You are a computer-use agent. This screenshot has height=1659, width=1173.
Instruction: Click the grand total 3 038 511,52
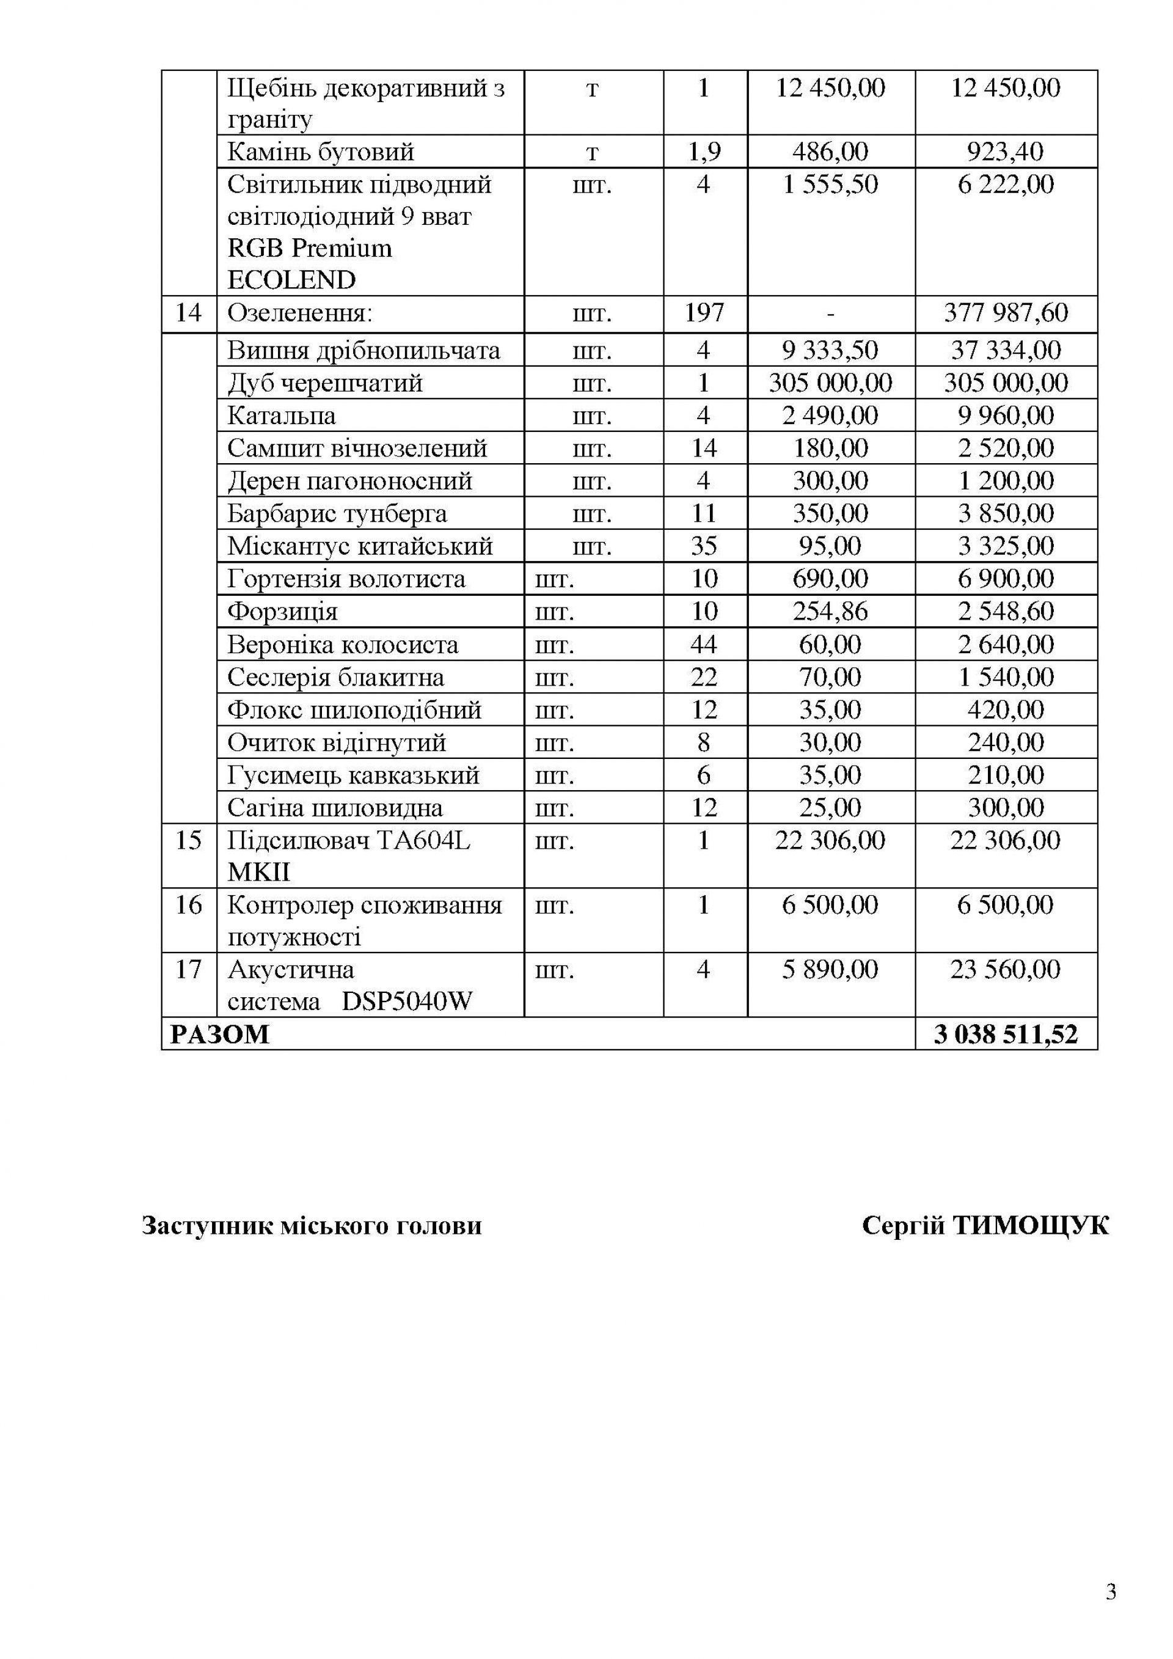pyautogui.click(x=1006, y=1034)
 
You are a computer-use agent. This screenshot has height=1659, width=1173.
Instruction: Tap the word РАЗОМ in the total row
pyautogui.click(x=219, y=1034)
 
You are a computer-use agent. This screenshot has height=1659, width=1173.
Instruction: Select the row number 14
pyautogui.click(x=189, y=313)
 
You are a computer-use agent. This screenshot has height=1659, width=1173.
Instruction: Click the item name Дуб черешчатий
pyautogui.click(x=325, y=383)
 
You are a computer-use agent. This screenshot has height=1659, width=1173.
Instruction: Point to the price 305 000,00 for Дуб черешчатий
pyautogui.click(x=830, y=383)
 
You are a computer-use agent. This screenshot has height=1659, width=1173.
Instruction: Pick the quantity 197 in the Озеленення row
pyautogui.click(x=704, y=313)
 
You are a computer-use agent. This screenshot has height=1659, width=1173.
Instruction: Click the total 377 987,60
pyautogui.click(x=1006, y=313)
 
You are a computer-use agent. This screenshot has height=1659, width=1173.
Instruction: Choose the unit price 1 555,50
pyautogui.click(x=830, y=185)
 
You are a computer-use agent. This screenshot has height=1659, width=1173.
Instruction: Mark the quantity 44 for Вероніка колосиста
pyautogui.click(x=704, y=645)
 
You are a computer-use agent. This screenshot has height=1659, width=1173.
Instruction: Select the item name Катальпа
pyautogui.click(x=282, y=416)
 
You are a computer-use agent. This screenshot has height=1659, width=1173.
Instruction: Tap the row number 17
pyautogui.click(x=189, y=970)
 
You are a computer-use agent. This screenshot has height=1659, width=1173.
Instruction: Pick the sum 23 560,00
pyautogui.click(x=1006, y=970)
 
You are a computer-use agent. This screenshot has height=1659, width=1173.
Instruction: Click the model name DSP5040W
pyautogui.click(x=407, y=1002)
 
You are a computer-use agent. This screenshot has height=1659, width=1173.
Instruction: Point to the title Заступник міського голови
pyautogui.click(x=312, y=1226)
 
